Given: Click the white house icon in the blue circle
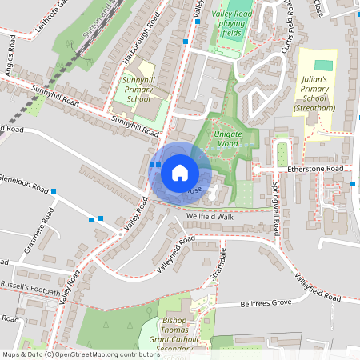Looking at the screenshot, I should pyautogui.click(x=180, y=172).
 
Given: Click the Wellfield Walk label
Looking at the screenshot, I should pyautogui.click(x=210, y=217).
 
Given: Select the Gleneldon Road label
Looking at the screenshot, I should pyautogui.click(x=24, y=183).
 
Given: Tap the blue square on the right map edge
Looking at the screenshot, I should pyautogui.click(x=354, y=184).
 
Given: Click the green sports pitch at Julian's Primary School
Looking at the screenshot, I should pyautogui.click(x=322, y=64).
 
